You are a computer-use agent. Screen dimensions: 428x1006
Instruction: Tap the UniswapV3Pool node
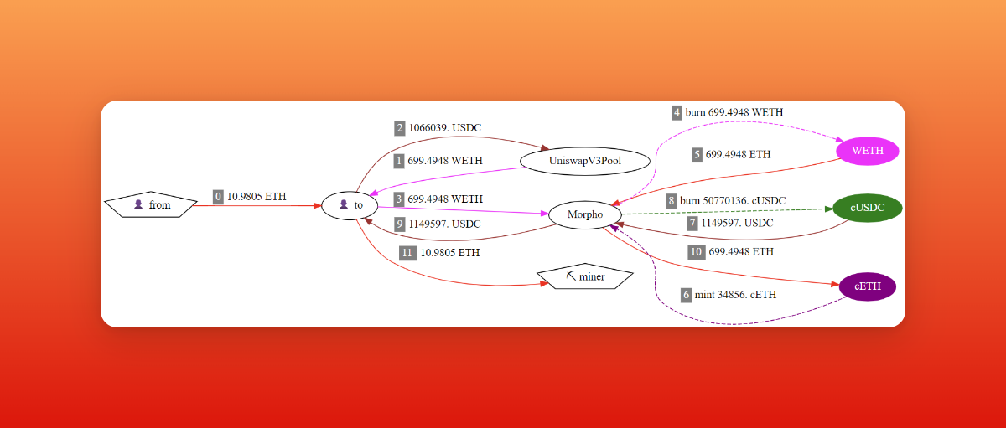click(x=585, y=160)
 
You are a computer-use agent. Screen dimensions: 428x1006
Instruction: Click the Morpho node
click(x=584, y=215)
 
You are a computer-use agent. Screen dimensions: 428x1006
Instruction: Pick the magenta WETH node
click(x=868, y=151)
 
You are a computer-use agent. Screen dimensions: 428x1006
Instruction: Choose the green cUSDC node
click(x=868, y=209)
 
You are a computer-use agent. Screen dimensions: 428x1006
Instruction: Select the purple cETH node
click(x=868, y=286)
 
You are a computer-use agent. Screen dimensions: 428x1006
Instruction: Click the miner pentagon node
click(x=585, y=276)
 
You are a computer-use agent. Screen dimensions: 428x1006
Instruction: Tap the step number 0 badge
click(x=218, y=197)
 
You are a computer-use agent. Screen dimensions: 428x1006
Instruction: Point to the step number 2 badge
click(x=400, y=128)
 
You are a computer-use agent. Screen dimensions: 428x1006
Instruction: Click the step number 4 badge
click(x=677, y=112)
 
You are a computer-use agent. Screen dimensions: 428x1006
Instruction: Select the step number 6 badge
click(x=686, y=295)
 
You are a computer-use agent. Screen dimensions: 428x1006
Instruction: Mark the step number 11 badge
click(x=407, y=252)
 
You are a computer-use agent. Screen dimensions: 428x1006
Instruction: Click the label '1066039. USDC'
click(x=445, y=128)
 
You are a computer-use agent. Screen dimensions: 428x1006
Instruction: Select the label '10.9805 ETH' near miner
click(x=451, y=252)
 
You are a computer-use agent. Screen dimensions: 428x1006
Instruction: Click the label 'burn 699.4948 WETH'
click(x=734, y=112)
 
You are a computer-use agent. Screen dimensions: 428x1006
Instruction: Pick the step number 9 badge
click(x=400, y=224)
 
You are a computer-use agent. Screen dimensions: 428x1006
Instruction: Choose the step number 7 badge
click(x=692, y=224)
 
